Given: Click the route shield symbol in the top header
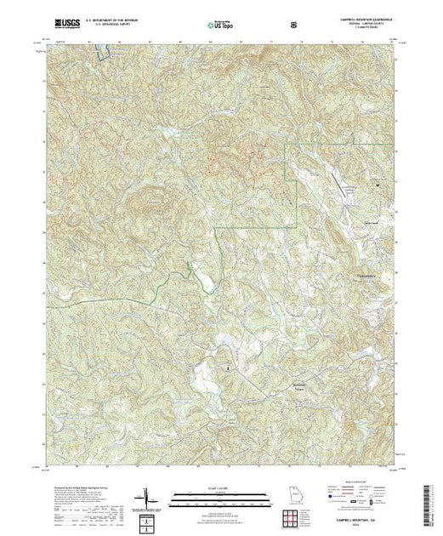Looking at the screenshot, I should [292, 24].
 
